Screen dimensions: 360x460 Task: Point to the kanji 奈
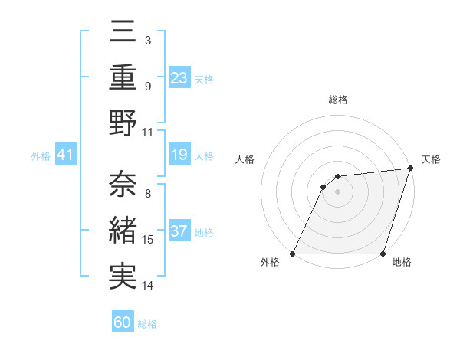(123, 185)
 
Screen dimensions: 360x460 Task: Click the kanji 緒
(123, 231)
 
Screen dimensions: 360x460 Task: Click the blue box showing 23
(179, 78)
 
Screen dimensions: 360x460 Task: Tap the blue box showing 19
(179, 155)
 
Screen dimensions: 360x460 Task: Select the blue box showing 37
(179, 232)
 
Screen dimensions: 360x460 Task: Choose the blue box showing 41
(66, 155)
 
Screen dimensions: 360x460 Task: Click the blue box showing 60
(123, 322)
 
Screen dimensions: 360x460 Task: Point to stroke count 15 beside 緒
(148, 240)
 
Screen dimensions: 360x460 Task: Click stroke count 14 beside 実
(148, 286)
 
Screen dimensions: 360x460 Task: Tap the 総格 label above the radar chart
(337, 100)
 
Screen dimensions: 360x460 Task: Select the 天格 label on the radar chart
(431, 159)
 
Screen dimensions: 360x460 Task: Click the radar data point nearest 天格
(411, 169)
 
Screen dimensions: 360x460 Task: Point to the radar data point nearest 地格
(383, 254)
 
